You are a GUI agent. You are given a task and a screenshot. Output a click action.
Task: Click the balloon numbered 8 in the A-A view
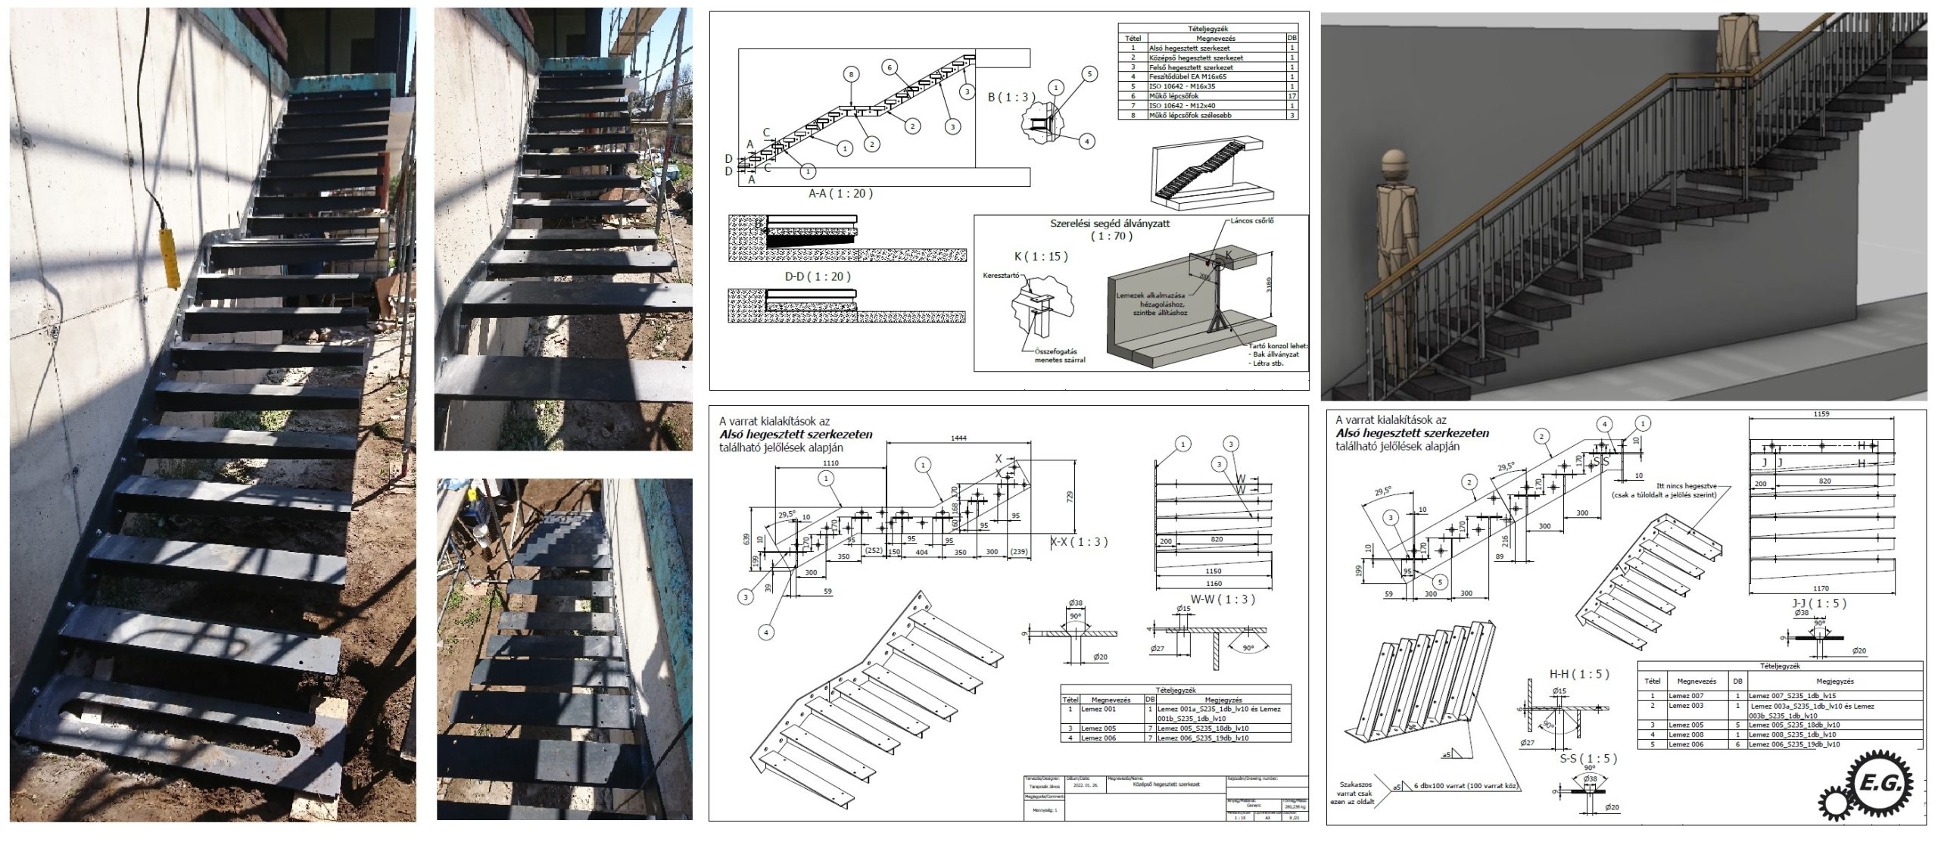(852, 74)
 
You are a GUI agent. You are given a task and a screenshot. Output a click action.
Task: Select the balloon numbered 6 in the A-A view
(890, 67)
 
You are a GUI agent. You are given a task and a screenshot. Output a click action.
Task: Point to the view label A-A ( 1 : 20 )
(840, 193)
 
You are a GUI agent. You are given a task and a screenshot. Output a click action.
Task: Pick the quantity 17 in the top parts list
(1291, 96)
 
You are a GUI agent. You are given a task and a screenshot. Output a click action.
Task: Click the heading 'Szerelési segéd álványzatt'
(1110, 223)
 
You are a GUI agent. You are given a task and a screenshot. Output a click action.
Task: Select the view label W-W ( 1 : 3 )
(1223, 599)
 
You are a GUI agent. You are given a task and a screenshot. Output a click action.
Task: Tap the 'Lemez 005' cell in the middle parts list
(1098, 728)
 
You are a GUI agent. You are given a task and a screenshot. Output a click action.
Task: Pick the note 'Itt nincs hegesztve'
(1686, 486)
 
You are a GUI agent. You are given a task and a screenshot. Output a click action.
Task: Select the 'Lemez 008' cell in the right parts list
(1687, 734)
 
